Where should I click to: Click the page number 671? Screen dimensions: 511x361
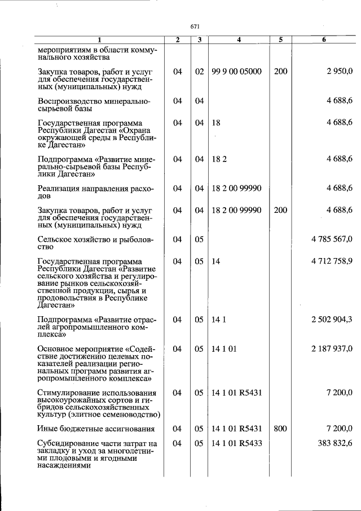(x=196, y=27)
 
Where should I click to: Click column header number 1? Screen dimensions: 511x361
(x=99, y=40)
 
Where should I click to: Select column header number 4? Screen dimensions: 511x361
(x=239, y=40)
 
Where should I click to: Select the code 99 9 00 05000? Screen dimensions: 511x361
(x=236, y=72)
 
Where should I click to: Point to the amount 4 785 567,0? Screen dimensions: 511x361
(x=332, y=239)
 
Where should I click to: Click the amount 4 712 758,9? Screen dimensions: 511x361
(x=332, y=261)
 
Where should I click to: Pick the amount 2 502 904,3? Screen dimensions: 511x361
(x=332, y=320)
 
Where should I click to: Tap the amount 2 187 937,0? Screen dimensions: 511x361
(x=332, y=349)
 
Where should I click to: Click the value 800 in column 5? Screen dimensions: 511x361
(x=280, y=429)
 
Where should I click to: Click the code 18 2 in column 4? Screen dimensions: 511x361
(x=219, y=159)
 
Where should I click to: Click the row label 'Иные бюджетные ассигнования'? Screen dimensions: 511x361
(x=96, y=429)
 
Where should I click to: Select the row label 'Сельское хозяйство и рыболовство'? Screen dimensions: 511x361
(x=95, y=243)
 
